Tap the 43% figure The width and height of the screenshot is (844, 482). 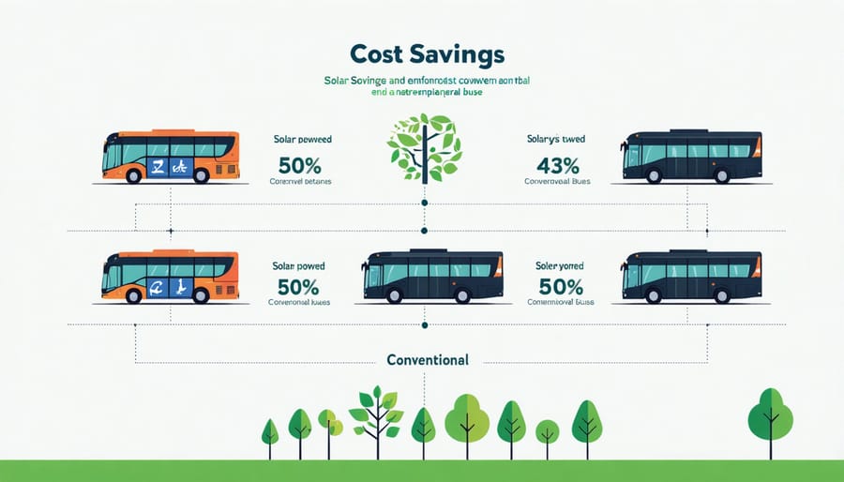click(x=556, y=165)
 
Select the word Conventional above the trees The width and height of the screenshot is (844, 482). click(x=427, y=360)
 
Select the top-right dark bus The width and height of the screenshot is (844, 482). click(x=692, y=156)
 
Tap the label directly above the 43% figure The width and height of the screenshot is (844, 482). click(x=556, y=139)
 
